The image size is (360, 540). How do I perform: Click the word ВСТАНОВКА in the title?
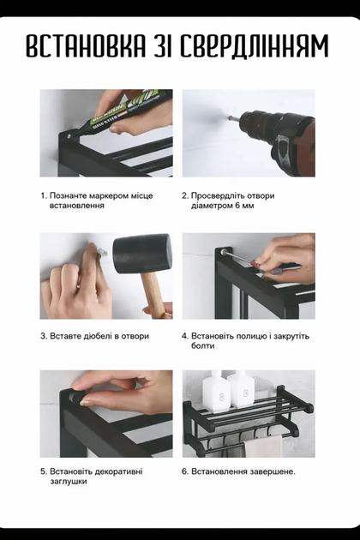86,45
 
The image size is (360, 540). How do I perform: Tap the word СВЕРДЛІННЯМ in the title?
255,45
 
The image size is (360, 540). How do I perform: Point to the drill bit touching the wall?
233,117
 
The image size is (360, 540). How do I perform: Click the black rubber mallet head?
142,254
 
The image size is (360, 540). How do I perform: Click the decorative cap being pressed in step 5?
76,396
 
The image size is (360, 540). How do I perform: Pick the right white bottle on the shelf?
241,389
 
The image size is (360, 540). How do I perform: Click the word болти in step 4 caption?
203,345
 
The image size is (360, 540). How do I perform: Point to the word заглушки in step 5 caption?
69,482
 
